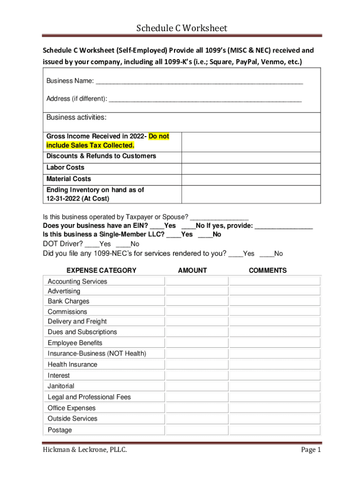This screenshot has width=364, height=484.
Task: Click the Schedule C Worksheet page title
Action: pos(182,28)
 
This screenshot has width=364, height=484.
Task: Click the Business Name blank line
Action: pos(199,82)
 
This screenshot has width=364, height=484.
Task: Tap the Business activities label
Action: pos(76,117)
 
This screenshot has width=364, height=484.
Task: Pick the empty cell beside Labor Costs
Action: pos(251,168)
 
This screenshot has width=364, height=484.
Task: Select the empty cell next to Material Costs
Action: pos(251,179)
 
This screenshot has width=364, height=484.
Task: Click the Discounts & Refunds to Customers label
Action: pos(101,156)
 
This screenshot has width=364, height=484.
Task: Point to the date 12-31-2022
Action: pos(62,199)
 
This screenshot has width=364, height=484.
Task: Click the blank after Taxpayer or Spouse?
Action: pos(219,217)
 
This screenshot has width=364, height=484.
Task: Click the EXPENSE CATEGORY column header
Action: pos(101,270)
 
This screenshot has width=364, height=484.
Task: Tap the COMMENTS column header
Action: pos(268,270)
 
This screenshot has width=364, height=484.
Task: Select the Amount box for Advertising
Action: pos(196,291)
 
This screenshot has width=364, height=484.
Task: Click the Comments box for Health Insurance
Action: pos(275,364)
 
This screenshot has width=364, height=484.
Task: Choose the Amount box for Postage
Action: pos(196,430)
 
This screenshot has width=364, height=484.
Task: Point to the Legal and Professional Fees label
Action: pos(89,397)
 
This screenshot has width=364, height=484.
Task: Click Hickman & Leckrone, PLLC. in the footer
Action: pos(85,463)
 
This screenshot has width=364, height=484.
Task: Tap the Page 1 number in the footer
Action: pos(311,463)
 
